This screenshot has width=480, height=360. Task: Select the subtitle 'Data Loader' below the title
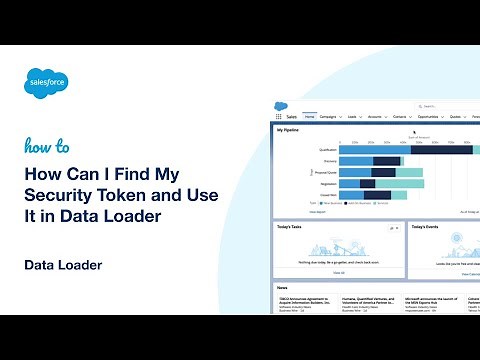(x=66, y=265)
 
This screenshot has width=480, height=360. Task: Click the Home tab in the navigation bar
(x=310, y=116)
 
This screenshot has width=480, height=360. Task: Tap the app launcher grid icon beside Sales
(x=279, y=116)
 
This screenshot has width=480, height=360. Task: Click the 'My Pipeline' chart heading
(x=288, y=130)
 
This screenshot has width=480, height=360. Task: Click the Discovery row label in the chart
(x=330, y=160)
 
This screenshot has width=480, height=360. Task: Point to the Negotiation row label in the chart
(x=328, y=183)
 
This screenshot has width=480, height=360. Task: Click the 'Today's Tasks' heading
(x=290, y=227)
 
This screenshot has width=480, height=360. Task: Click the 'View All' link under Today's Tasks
(x=338, y=272)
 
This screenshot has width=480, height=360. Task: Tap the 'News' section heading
(x=282, y=287)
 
